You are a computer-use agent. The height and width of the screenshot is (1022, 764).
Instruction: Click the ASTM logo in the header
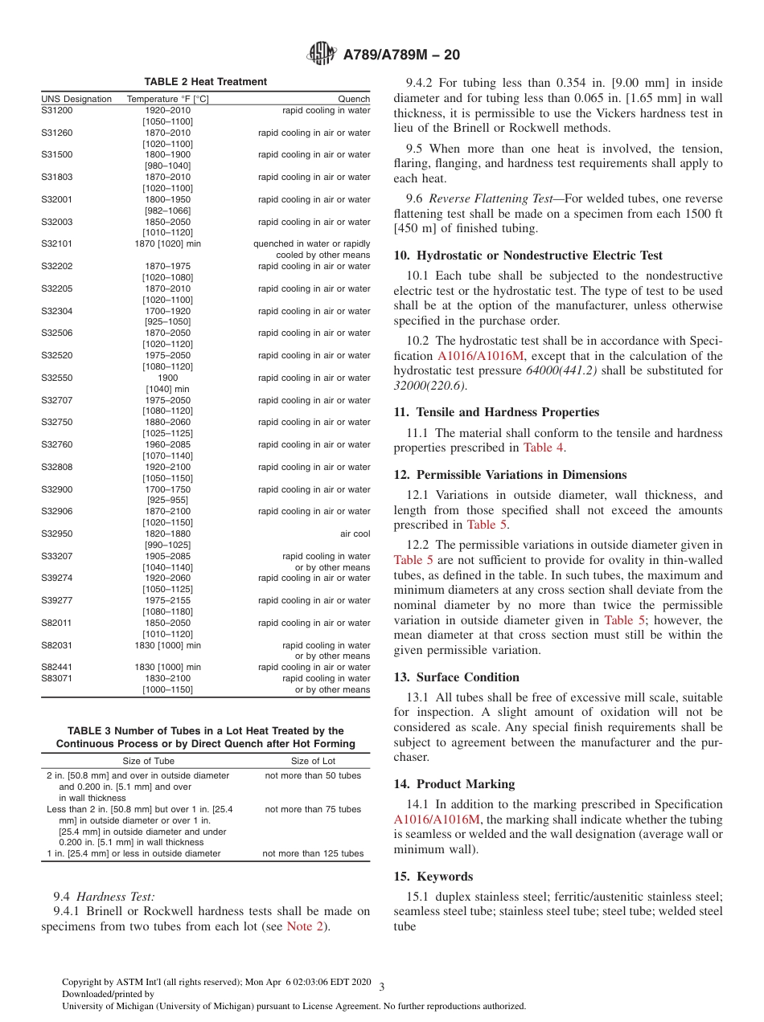322,55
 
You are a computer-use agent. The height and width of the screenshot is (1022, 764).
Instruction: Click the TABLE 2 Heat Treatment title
205,82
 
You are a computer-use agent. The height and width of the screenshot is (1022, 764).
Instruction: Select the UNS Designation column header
76,100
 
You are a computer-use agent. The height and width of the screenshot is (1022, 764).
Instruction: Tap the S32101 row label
57,244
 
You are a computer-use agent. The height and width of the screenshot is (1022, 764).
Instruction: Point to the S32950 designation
57,533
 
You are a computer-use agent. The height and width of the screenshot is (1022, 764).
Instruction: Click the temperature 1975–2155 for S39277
167,600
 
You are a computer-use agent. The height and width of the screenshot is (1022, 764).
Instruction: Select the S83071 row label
57,678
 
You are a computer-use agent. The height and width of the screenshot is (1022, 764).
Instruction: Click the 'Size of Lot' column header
313,761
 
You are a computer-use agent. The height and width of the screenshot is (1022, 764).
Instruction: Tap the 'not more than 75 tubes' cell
313,809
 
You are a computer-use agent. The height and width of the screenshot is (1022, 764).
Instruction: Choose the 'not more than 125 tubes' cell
313,853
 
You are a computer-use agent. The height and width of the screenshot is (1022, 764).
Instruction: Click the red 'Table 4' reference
544,448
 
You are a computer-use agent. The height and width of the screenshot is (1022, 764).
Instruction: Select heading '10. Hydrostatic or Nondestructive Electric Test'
528,255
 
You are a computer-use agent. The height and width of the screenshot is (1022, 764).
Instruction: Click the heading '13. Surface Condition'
456,677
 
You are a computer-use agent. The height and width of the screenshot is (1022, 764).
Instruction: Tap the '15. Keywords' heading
433,877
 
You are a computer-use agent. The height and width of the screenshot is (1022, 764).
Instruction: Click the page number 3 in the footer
382,987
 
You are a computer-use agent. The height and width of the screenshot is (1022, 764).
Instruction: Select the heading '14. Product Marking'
454,784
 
